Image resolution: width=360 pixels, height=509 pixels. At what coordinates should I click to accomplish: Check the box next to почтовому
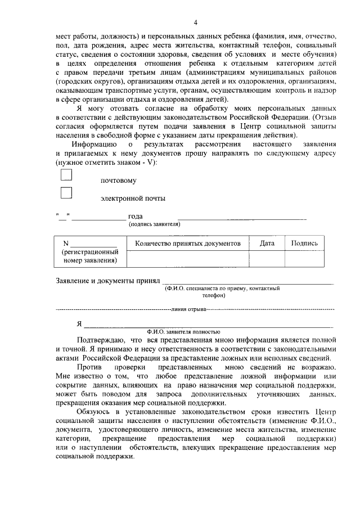pyautogui.click(x=66, y=175)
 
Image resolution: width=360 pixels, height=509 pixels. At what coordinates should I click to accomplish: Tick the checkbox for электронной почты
pyautogui.click(x=66, y=193)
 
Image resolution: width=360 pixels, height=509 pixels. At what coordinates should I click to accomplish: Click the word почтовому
pyautogui.click(x=118, y=181)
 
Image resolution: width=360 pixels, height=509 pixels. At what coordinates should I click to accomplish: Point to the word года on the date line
pyautogui.click(x=135, y=216)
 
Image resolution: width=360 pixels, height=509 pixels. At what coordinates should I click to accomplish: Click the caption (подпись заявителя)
pyautogui.click(x=154, y=224)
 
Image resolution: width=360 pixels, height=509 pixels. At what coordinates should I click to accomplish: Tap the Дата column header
pyautogui.click(x=267, y=244)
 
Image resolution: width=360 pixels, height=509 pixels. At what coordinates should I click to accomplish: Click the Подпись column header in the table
pyautogui.click(x=304, y=244)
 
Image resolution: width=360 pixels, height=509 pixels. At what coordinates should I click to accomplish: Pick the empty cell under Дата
pyautogui.click(x=267, y=258)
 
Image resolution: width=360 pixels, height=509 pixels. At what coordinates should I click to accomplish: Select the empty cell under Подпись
pyautogui.click(x=304, y=258)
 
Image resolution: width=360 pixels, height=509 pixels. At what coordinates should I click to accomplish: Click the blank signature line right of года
pyautogui.click(x=242, y=217)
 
